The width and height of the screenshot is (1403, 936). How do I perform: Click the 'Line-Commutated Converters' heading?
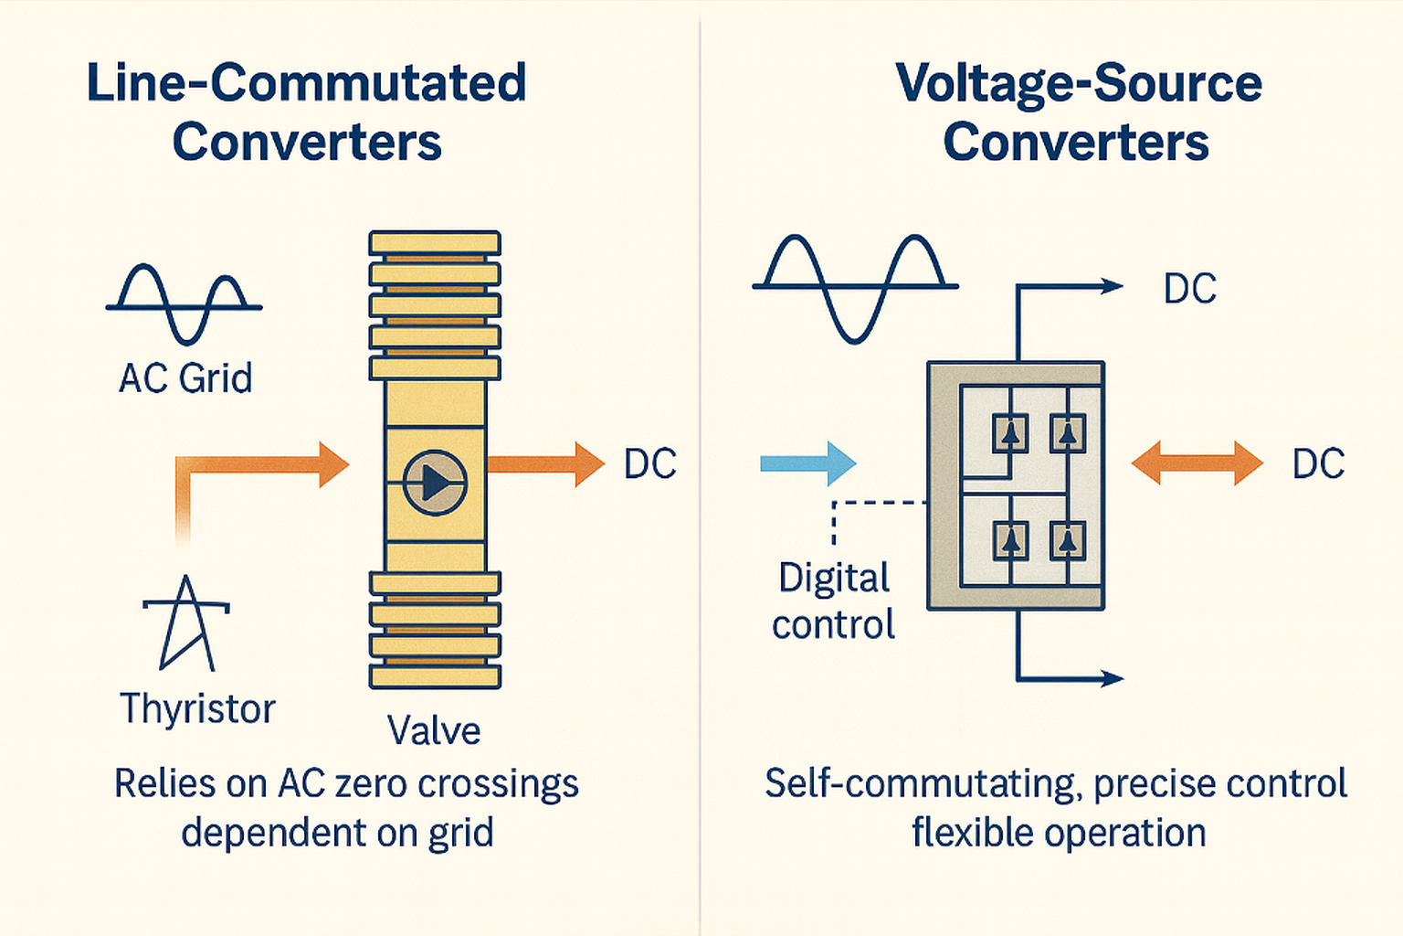[306, 112]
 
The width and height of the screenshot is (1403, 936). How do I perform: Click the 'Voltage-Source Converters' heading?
[1078, 112]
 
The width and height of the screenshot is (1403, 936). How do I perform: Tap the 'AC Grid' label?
[185, 378]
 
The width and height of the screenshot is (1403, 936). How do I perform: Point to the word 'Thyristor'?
[197, 709]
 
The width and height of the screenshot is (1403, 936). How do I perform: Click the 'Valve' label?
[434, 730]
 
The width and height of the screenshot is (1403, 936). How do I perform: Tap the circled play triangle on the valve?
[435, 483]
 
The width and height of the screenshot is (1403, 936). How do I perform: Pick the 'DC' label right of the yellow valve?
[650, 464]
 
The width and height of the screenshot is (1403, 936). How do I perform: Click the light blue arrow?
[807, 463]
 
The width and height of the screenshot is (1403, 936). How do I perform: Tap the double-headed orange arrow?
[1197, 463]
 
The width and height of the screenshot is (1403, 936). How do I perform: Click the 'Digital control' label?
[833, 601]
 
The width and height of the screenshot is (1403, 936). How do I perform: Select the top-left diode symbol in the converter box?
[1010, 434]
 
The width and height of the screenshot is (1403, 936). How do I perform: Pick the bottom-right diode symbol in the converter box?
[1067, 541]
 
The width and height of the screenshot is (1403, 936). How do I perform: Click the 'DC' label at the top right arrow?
[1189, 289]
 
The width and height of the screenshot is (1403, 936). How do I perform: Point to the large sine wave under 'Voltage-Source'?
[854, 287]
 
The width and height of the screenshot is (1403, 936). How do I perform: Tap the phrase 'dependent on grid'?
[337, 833]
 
